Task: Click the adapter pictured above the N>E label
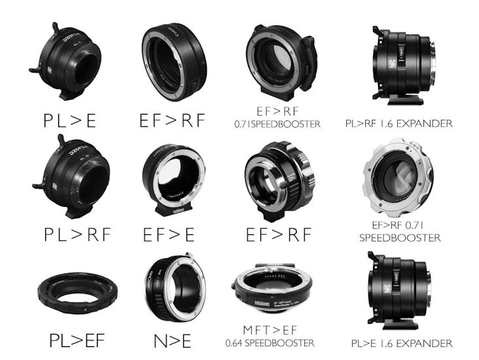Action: (172, 286)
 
